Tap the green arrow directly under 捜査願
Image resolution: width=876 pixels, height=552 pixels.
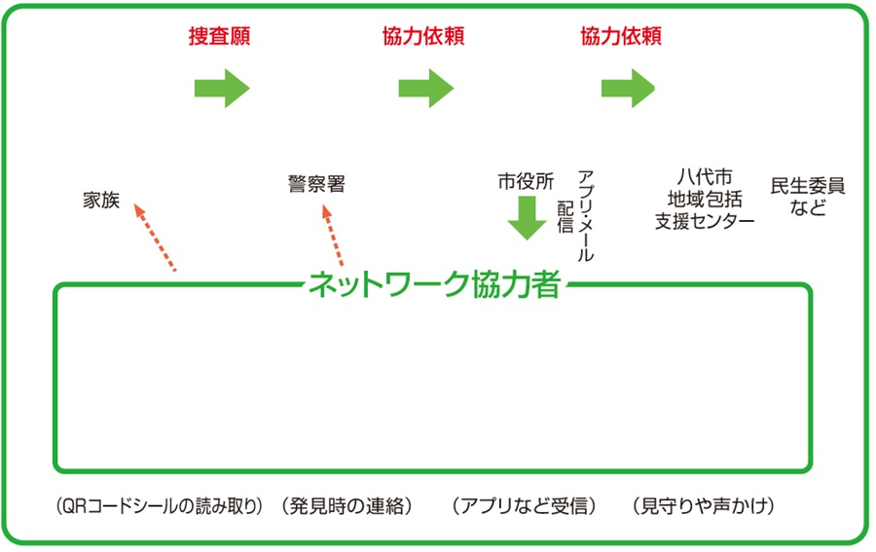tap(223, 89)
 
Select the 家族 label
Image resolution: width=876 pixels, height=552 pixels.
tap(101, 202)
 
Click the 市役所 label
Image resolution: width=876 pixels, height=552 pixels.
tap(526, 181)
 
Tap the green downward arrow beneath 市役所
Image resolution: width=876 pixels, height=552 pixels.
tap(527, 217)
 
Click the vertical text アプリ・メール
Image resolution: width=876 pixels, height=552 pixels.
tap(586, 214)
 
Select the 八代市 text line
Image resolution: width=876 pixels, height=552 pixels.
tap(705, 178)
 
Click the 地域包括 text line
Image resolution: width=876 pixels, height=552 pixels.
tap(705, 200)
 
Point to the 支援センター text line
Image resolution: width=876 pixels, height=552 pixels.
tap(705, 221)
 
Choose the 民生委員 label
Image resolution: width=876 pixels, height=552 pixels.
tap(808, 185)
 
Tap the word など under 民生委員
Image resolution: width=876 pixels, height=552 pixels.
tap(808, 207)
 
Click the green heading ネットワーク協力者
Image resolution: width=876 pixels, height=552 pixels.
tap(433, 285)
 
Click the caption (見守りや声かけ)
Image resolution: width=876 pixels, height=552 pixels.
tap(703, 506)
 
